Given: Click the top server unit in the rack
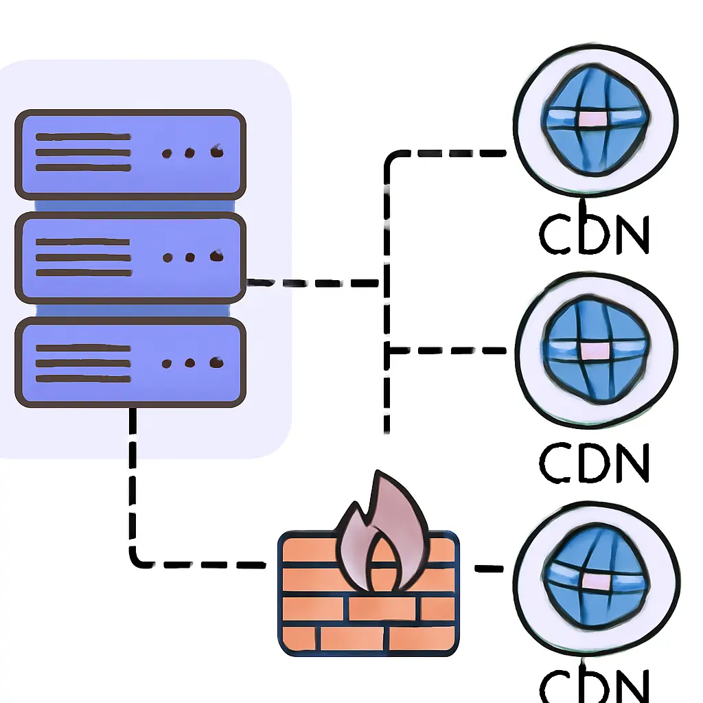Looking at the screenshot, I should click(x=130, y=154).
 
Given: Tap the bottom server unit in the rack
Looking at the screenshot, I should click(x=130, y=362).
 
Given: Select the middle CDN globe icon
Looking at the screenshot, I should click(x=595, y=349).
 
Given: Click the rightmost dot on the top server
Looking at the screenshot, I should click(x=217, y=152).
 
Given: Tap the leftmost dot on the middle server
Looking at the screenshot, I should click(x=167, y=259).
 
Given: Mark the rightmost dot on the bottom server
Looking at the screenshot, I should click(x=217, y=362).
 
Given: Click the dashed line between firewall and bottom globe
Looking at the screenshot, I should click(x=488, y=568).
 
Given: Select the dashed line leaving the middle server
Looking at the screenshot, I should click(x=312, y=282).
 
